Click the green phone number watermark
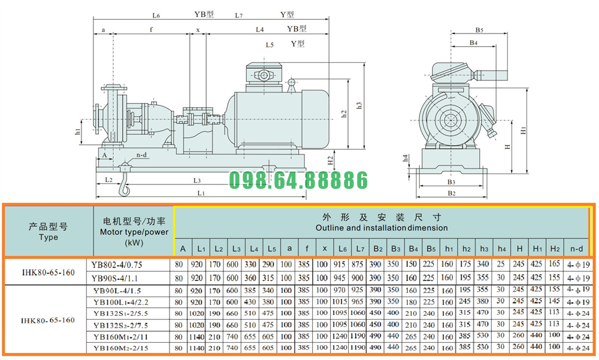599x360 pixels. [298, 180]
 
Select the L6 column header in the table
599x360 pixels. [342, 249]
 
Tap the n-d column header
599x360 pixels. [576, 249]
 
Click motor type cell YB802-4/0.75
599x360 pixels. [117, 265]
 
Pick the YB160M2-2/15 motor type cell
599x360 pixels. [121, 348]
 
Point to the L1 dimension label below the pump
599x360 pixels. [201, 193]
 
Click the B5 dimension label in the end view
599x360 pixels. [479, 30]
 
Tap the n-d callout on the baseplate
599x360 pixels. [142, 155]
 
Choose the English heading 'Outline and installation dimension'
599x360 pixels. [382, 228]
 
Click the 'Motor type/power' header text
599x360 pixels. [134, 232]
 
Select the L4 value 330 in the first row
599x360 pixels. [250, 264]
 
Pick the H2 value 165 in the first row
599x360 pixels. [554, 264]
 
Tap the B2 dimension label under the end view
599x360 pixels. [452, 193]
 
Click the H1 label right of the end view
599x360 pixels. [524, 131]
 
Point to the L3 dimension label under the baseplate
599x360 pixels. [196, 181]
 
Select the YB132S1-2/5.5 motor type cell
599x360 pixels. [121, 314]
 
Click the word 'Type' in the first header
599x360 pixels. [49, 237]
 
